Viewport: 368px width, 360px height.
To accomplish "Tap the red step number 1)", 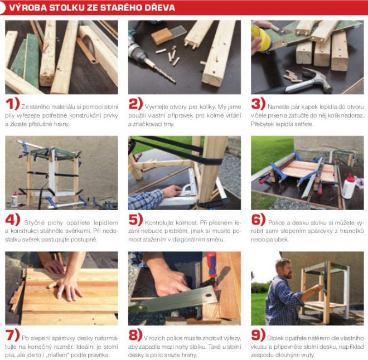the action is click(12, 104).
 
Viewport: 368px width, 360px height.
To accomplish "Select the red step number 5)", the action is click(135, 219).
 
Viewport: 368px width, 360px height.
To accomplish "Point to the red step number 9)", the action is click(258, 335).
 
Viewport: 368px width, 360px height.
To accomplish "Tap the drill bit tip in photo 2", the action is click(175, 81).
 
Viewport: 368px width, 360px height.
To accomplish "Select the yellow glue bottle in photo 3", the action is click(261, 37).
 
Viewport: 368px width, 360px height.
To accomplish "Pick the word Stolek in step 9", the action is click(275, 338).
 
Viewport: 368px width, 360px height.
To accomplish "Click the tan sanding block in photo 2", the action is click(162, 36).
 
